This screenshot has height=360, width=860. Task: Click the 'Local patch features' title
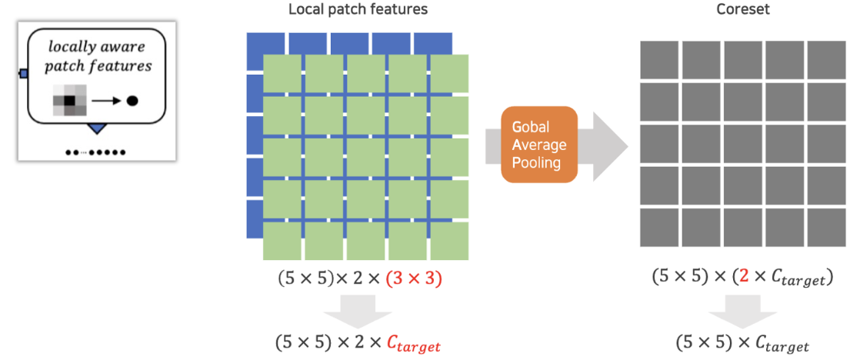click(x=358, y=10)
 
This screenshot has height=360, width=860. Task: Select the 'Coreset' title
click(x=743, y=10)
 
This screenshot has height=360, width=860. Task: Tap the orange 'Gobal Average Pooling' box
click(x=538, y=145)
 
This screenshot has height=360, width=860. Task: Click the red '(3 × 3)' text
click(x=414, y=278)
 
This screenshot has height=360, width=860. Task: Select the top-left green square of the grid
click(x=282, y=73)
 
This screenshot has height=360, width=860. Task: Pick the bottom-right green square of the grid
click(x=449, y=240)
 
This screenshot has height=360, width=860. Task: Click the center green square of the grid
click(x=365, y=157)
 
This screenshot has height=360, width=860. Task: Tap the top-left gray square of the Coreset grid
click(x=659, y=60)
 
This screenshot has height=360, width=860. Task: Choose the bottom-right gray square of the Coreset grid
click(x=826, y=228)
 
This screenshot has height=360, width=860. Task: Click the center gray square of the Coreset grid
click(x=743, y=144)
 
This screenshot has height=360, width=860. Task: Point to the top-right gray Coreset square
click(x=826, y=60)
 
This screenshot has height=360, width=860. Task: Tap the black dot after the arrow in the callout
click(x=132, y=100)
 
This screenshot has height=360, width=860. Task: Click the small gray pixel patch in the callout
click(x=69, y=101)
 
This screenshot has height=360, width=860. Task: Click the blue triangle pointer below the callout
click(x=98, y=127)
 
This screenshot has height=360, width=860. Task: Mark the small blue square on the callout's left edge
click(x=23, y=74)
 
